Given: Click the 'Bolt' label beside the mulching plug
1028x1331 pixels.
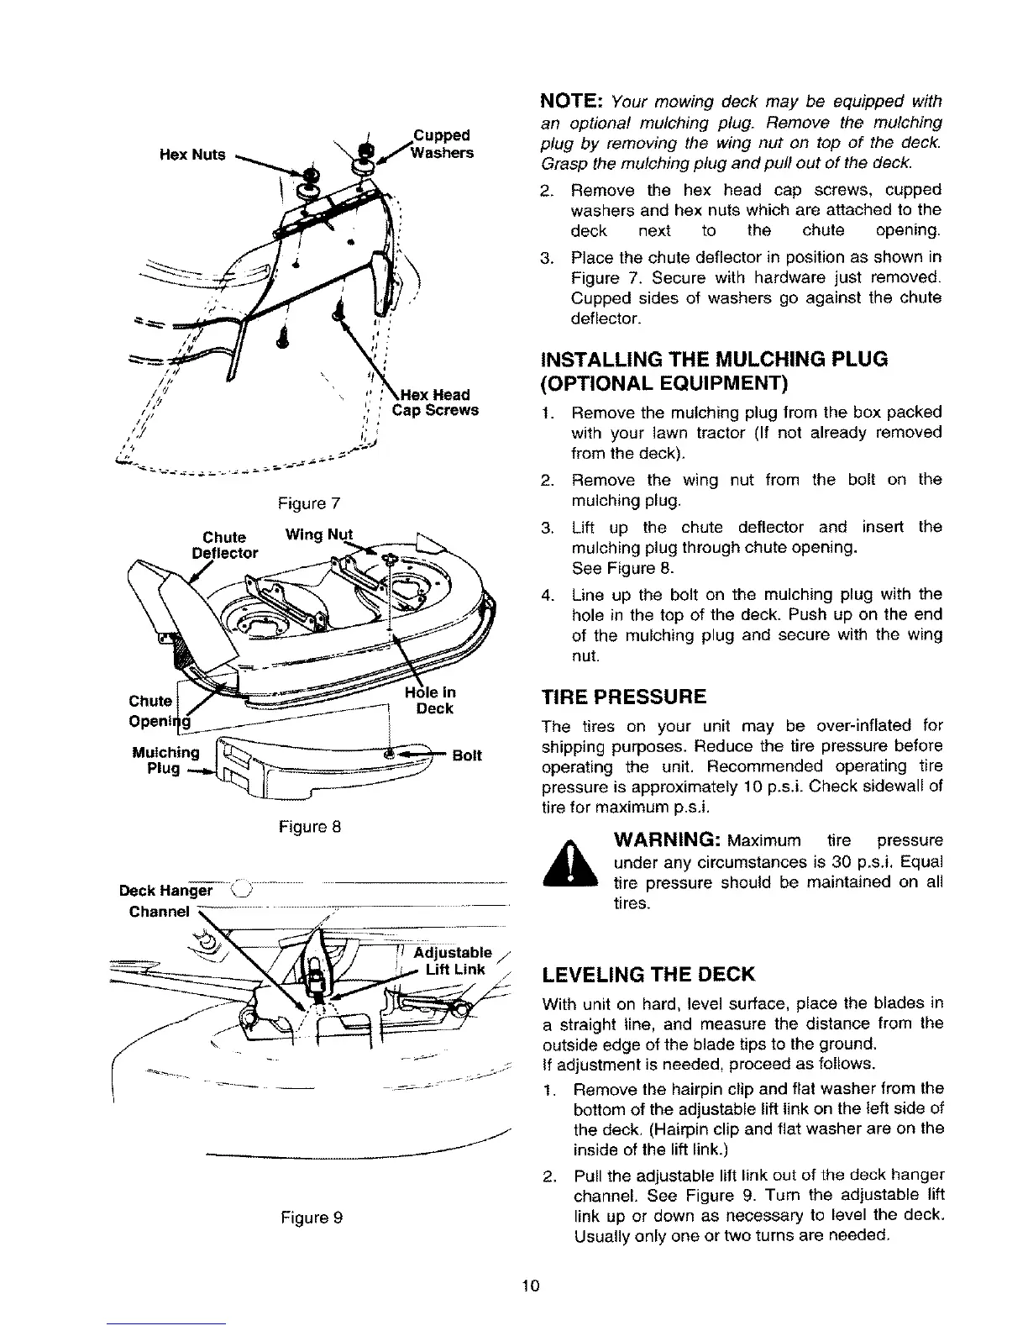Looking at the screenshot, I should point(467,755).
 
